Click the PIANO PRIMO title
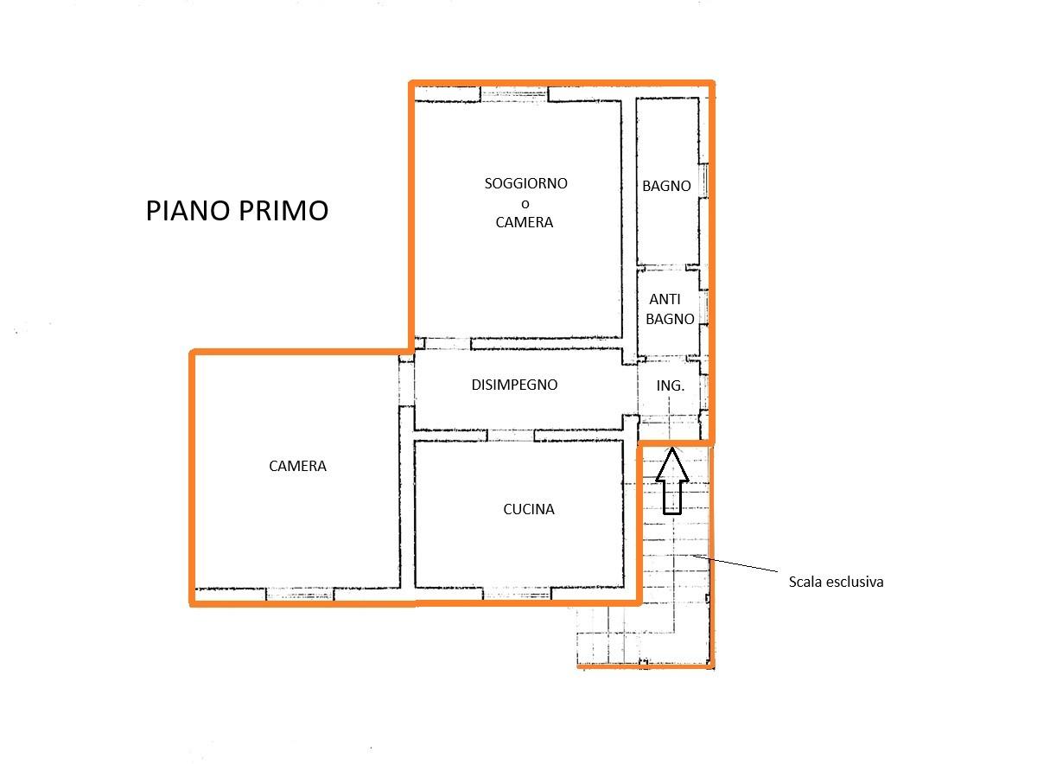pyautogui.click(x=237, y=211)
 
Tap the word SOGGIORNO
pyautogui.click(x=526, y=183)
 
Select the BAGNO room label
pyautogui.click(x=666, y=186)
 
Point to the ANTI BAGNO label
pyautogui.click(x=670, y=309)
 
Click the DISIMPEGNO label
pyautogui.click(x=514, y=385)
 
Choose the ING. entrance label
pyautogui.click(x=670, y=385)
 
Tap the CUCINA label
pyautogui.click(x=529, y=509)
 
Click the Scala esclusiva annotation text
pyautogui.click(x=837, y=582)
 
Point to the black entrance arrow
pyautogui.click(x=672, y=481)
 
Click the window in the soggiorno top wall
pyautogui.click(x=514, y=94)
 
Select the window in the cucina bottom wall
pyautogui.click(x=517, y=594)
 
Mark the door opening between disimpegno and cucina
pyautogui.click(x=511, y=436)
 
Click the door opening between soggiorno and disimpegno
pyautogui.click(x=448, y=344)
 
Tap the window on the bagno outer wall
pyautogui.click(x=703, y=181)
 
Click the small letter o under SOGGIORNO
pyautogui.click(x=525, y=204)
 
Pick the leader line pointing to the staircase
pyautogui.click(x=735, y=563)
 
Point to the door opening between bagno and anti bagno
pyautogui.click(x=665, y=268)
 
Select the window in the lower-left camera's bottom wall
pyautogui.click(x=300, y=594)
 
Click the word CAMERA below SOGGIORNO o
pyautogui.click(x=524, y=223)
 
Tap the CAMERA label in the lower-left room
pyautogui.click(x=297, y=466)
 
